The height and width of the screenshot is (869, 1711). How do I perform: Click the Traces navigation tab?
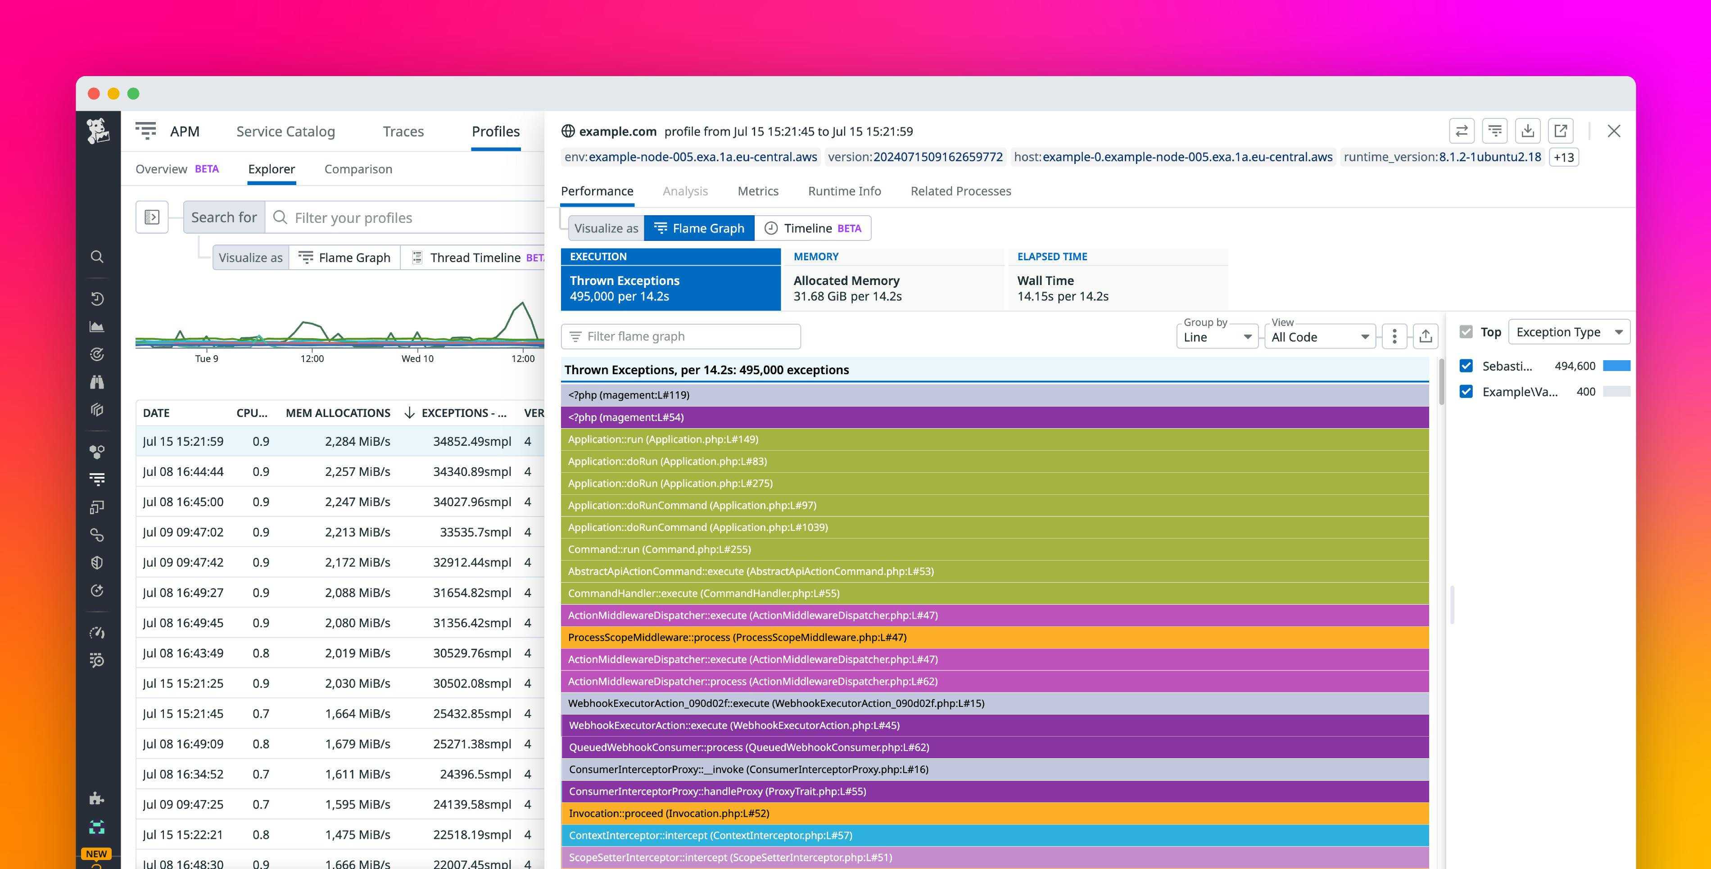[403, 131]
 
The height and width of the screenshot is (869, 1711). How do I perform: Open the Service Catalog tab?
[285, 131]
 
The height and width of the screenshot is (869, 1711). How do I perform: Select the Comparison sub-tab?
[358, 169]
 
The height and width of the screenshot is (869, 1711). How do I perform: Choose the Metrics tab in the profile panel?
[758, 191]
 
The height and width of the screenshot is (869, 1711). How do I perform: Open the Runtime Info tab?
[844, 191]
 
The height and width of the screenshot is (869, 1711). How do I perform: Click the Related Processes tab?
[960, 191]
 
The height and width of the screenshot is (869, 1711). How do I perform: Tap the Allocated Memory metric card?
[893, 288]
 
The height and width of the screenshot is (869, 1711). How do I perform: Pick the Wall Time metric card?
[1117, 288]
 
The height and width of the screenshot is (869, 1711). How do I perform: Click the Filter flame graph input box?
[681, 337]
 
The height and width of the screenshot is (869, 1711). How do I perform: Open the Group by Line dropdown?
[1217, 337]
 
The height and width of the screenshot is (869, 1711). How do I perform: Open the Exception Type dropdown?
[1568, 332]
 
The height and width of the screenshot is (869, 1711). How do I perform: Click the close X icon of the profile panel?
[1613, 131]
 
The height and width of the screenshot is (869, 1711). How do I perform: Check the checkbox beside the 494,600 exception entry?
[1466, 366]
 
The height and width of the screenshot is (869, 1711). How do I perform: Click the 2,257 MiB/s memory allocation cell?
[358, 472]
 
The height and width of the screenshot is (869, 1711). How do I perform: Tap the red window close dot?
[94, 94]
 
